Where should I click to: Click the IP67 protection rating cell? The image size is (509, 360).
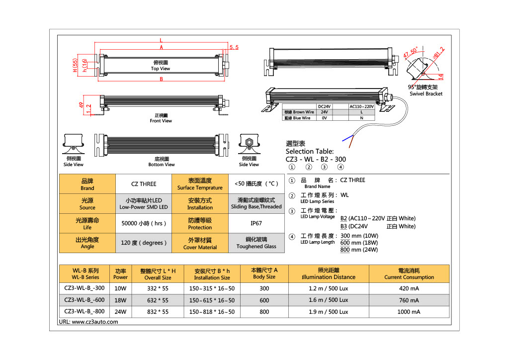[x=256, y=223]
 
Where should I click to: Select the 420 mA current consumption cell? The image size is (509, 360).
[x=409, y=288]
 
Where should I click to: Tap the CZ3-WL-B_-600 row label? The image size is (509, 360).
[x=85, y=300]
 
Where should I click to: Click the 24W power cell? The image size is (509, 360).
[x=120, y=312]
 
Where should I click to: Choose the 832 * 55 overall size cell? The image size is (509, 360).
[x=158, y=312]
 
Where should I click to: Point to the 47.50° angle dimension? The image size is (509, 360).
[x=411, y=52]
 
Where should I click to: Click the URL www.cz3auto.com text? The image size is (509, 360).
[x=88, y=322]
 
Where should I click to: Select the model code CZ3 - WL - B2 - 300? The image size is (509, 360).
[x=316, y=159]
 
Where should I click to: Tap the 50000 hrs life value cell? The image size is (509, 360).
[x=143, y=223]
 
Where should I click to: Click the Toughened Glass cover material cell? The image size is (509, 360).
[x=256, y=243]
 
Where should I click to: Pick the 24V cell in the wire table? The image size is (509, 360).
[x=324, y=112]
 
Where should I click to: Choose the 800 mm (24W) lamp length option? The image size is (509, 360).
[x=359, y=250]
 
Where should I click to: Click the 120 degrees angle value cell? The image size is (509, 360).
[x=143, y=243]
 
